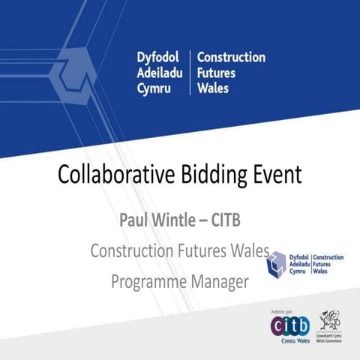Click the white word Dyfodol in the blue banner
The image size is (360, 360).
tap(160, 58)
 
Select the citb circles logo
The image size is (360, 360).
tap(290, 325)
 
